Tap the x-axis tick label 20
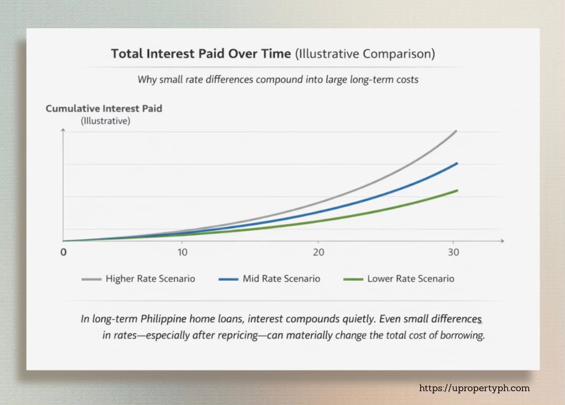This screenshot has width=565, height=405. tap(318, 252)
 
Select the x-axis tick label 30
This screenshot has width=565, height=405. tap(454, 252)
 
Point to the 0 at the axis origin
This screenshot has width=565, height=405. tap(63, 252)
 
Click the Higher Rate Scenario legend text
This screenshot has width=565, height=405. tap(150, 279)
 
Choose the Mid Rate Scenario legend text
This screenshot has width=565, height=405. tap(281, 279)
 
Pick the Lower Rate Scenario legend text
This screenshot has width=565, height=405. tap(411, 279)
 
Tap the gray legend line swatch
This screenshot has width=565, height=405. tap(91, 279)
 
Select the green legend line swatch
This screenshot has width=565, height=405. tap(353, 279)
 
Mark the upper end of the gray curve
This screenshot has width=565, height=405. tap(456, 131)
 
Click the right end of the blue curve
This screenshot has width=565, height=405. tap(457, 163)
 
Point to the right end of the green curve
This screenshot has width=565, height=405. tap(457, 190)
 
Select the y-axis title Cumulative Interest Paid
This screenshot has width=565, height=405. tap(104, 109)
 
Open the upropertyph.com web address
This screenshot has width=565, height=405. tap(474, 388)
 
